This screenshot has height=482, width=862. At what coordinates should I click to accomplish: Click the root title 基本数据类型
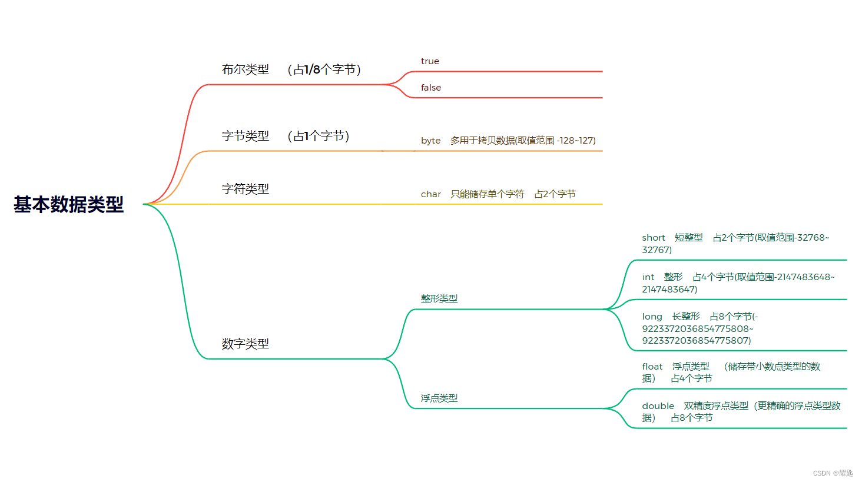69,204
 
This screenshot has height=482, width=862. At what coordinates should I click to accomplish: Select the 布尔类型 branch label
245,69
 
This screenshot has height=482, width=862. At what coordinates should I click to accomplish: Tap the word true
430,61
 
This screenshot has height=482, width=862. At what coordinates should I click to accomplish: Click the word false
431,88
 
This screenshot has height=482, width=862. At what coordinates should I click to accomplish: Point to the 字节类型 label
245,136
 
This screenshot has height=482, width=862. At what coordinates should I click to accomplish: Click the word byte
430,141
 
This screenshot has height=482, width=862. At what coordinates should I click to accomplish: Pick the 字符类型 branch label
245,189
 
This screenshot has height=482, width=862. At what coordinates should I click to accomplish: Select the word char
430,194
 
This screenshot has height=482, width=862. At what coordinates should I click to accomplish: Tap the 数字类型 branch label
245,344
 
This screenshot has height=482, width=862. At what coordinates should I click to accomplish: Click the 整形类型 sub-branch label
439,298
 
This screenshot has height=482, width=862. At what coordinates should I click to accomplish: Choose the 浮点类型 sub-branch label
439,398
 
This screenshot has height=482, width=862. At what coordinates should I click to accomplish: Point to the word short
653,238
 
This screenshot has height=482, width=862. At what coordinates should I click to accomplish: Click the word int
648,277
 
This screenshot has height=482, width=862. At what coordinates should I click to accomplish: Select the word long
652,317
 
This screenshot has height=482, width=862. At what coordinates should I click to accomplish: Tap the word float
652,367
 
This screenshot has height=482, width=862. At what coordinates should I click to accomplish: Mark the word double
658,406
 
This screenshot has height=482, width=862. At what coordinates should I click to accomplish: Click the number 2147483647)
669,290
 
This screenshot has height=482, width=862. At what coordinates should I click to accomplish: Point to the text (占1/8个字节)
324,69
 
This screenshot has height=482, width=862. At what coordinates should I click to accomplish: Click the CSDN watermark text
833,473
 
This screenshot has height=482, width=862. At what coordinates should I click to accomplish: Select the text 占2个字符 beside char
555,194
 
